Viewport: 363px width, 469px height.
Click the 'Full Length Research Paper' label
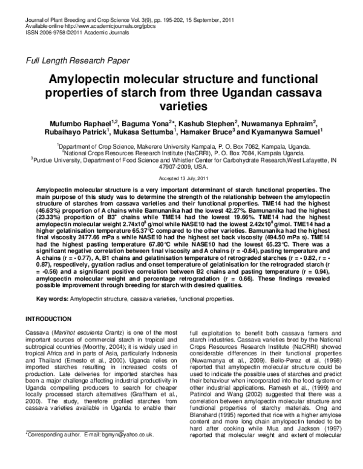click(76, 60)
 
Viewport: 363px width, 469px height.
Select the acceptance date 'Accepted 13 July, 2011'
click(181, 178)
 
